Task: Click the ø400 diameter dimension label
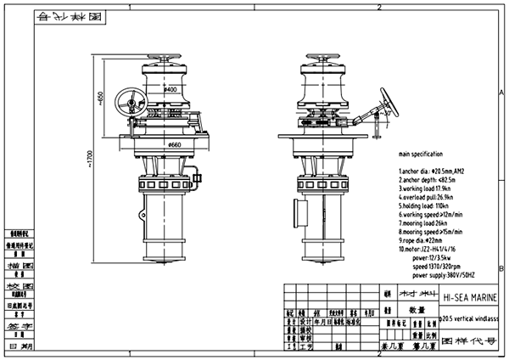pyautogui.click(x=171, y=89)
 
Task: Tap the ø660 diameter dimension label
pyautogui.click(x=174, y=145)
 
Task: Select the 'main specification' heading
pyautogui.click(x=420, y=155)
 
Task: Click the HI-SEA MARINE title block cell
pyautogui.click(x=471, y=298)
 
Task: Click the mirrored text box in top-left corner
pyautogui.click(x=75, y=16)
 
